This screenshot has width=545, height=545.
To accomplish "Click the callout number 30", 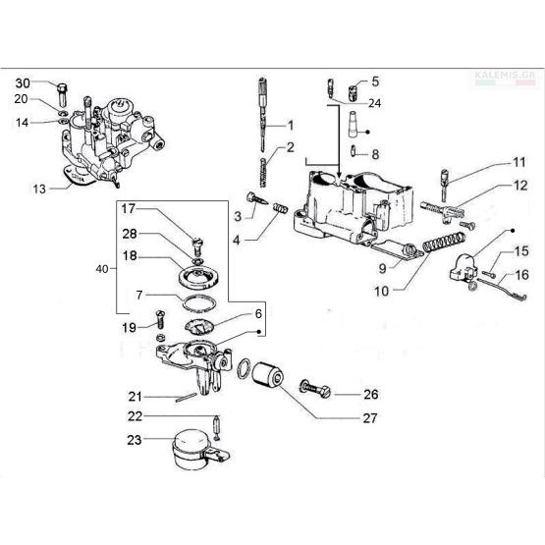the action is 23,83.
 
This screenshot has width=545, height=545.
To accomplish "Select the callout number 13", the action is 39,190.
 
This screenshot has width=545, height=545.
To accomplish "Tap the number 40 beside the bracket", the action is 102,269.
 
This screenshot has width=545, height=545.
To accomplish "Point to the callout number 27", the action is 370,418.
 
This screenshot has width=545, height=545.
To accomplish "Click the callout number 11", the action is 519,162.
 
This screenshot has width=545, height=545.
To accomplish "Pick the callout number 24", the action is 374,103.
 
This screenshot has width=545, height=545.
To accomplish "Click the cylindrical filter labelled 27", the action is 267,375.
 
